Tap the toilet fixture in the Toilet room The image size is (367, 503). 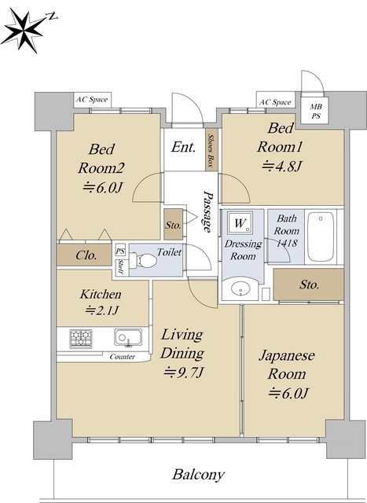click(145, 259)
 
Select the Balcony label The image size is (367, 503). click(199, 475)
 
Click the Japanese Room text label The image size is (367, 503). click(287, 365)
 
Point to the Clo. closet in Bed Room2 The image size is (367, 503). click(86, 255)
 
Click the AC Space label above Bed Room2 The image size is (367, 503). click(92, 100)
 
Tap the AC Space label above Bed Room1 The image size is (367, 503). click(275, 101)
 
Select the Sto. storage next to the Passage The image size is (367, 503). click(174, 225)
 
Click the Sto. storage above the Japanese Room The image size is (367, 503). click(309, 284)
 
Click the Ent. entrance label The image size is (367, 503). click(183, 146)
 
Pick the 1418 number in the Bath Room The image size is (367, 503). click(286, 244)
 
